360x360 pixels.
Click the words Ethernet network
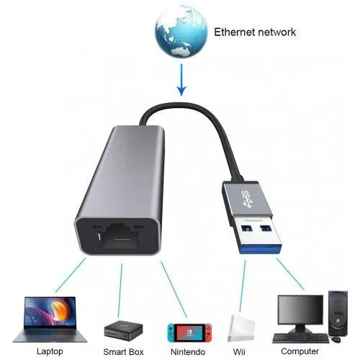[255, 32]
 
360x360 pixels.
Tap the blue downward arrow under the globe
[181, 80]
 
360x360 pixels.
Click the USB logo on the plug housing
[247, 199]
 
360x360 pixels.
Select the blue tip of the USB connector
[261, 249]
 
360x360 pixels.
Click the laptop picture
[50, 319]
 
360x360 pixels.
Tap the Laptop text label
[50, 351]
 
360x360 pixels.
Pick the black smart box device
[123, 330]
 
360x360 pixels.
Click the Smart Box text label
[123, 352]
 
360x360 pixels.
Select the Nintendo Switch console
[189, 333]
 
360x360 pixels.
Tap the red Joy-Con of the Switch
[208, 333]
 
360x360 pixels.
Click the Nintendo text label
[188, 352]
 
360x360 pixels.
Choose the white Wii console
[241, 328]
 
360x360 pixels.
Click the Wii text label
[239, 352]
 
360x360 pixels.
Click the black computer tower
[338, 313]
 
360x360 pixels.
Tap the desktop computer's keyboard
[301, 338]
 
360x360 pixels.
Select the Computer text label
[300, 351]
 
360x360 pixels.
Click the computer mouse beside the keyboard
[336, 340]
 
